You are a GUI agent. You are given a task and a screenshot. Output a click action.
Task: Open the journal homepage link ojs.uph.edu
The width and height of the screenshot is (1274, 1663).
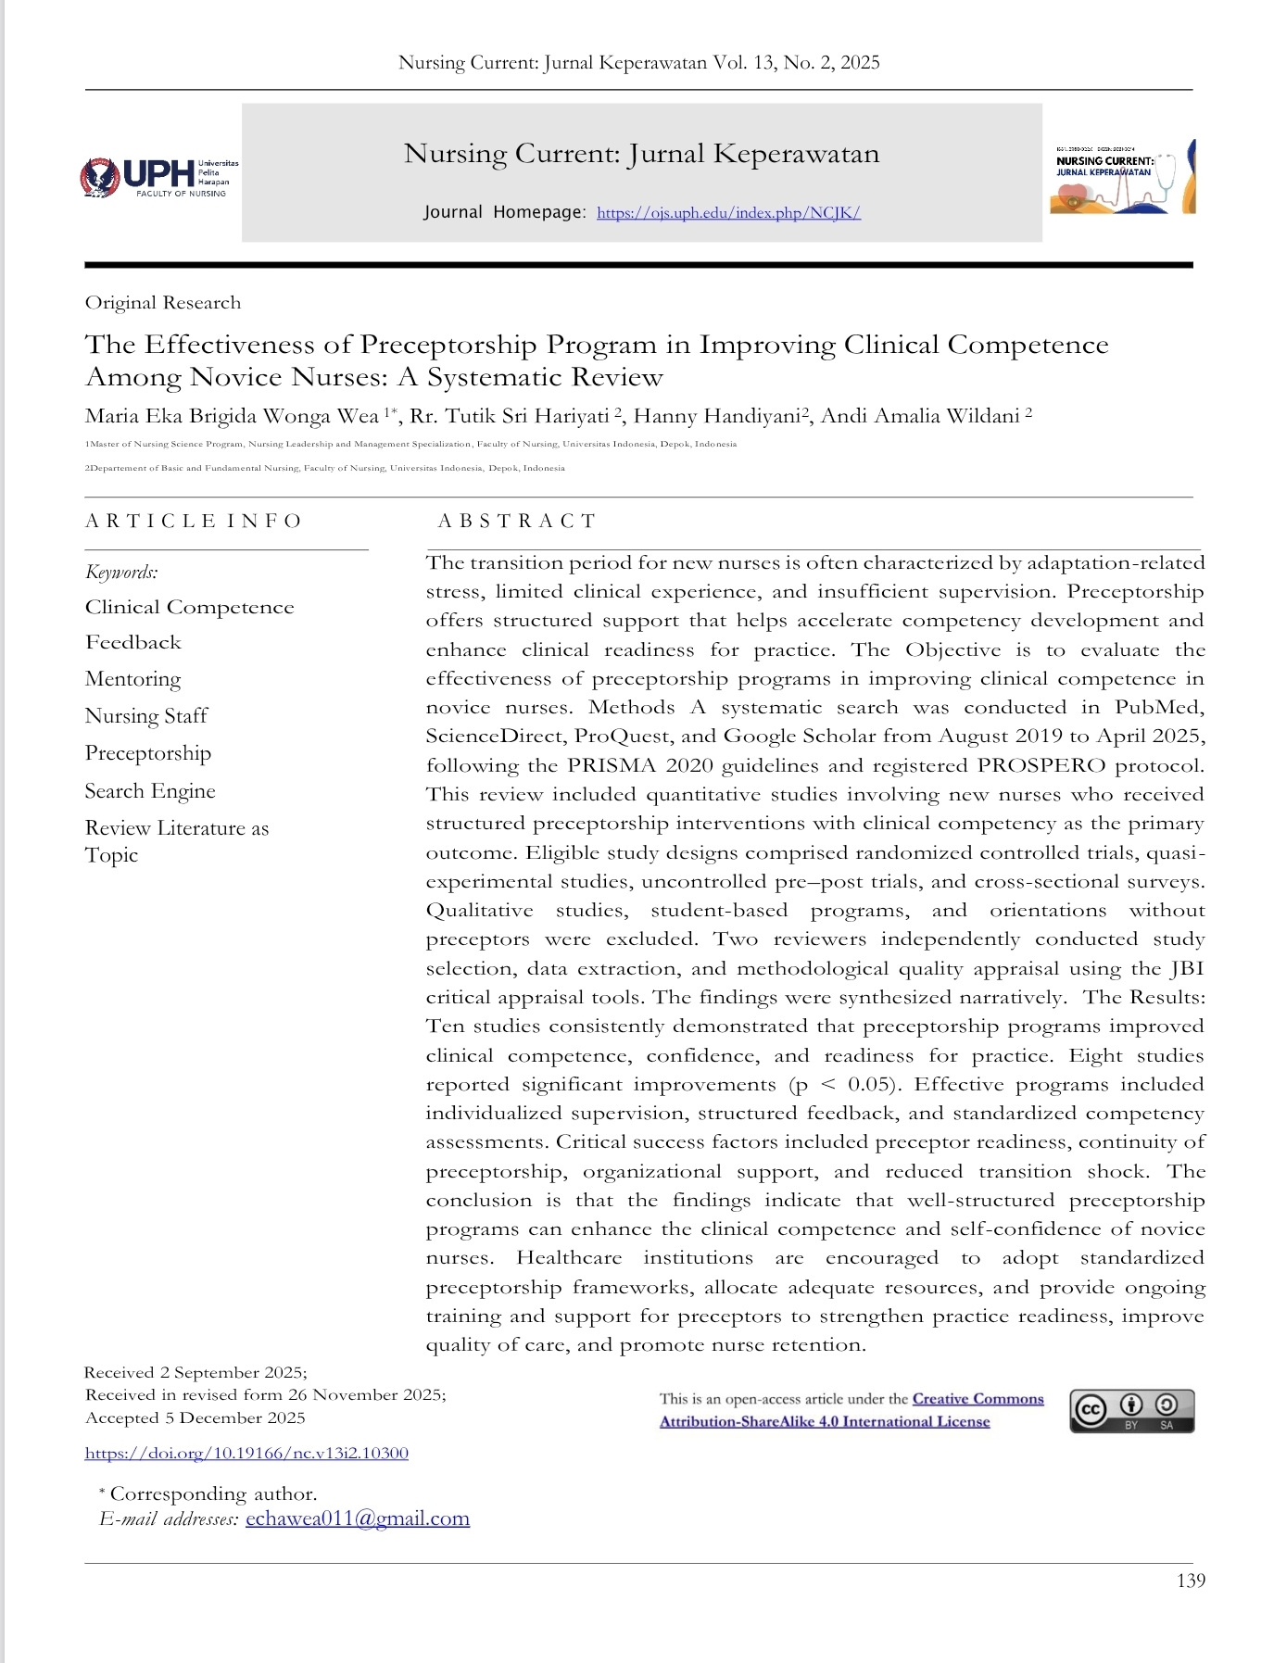tap(728, 213)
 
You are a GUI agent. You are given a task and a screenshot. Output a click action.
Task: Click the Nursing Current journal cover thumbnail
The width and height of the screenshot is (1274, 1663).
tap(1122, 176)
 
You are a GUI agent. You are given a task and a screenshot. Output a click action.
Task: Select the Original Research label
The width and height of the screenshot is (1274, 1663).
tap(163, 303)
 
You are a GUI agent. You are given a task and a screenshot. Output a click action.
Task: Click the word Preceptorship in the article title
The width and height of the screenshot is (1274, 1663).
tap(448, 345)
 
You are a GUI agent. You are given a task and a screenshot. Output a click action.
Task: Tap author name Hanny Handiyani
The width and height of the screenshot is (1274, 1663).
tap(715, 416)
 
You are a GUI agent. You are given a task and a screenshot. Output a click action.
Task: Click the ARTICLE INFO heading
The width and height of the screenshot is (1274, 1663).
tap(194, 521)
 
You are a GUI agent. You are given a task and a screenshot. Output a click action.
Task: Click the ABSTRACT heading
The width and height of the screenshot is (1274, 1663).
tap(516, 521)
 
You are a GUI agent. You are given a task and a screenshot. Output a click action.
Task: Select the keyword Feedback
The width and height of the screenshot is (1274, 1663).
tap(133, 642)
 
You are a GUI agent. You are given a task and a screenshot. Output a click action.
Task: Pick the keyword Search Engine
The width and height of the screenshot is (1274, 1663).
tap(150, 791)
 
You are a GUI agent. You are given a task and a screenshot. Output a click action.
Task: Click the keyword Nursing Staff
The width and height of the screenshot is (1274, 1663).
tap(146, 716)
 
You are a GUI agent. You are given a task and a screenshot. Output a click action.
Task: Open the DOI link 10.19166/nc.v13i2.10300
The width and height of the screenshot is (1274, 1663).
tap(246, 1454)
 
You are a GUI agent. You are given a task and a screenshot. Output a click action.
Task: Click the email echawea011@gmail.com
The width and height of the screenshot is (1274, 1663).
tap(357, 1519)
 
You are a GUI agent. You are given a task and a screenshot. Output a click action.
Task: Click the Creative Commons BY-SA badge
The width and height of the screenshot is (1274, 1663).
tap(1131, 1411)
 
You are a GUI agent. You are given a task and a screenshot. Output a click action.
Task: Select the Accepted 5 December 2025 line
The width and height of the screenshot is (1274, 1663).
tap(195, 1418)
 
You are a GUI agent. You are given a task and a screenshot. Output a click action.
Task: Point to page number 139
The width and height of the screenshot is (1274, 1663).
tap(1191, 1581)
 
